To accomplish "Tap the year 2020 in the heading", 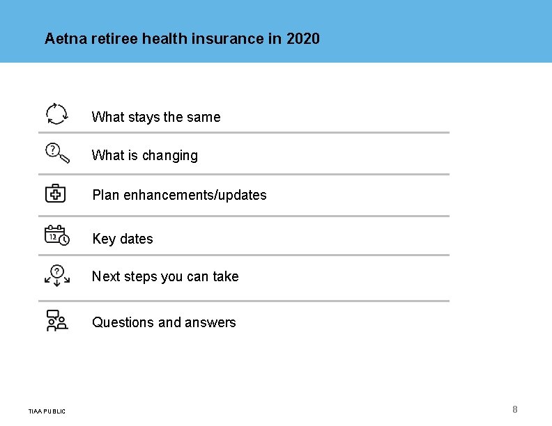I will click(302, 38).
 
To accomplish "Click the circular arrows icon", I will click(56, 113).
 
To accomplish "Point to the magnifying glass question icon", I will click(57, 152).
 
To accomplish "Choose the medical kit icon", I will click(56, 193).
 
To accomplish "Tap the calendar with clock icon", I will click(57, 235).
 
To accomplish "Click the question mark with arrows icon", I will click(57, 274).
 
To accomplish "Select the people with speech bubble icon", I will click(56, 319).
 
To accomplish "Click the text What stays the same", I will click(156, 117).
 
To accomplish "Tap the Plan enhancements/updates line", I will click(179, 195).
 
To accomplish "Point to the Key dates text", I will click(123, 239).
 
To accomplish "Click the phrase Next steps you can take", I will click(165, 276).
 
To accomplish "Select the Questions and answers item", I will click(164, 322).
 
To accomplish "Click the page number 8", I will click(515, 409).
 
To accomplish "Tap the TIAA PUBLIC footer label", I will click(47, 411).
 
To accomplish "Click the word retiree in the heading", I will click(114, 38).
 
